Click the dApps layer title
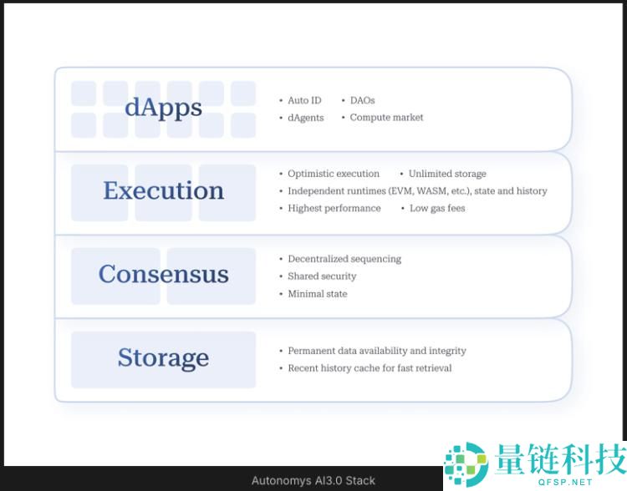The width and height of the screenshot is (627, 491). click(x=163, y=109)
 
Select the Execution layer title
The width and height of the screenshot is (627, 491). click(x=163, y=191)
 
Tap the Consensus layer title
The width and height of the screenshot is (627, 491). click(x=163, y=275)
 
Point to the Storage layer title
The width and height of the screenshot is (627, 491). click(x=163, y=358)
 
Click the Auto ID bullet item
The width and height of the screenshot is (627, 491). click(x=304, y=100)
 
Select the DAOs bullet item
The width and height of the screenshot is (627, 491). click(x=362, y=100)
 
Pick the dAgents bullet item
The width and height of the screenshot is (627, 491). click(x=305, y=118)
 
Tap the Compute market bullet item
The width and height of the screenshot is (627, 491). click(x=386, y=118)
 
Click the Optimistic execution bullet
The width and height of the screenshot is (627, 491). click(x=333, y=174)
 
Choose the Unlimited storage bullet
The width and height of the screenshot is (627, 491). click(x=447, y=174)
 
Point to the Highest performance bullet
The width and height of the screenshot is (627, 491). click(x=334, y=208)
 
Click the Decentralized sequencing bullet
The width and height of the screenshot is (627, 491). click(x=344, y=259)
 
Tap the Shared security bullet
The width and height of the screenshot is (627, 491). click(x=322, y=276)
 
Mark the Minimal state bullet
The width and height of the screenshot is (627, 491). click(x=317, y=294)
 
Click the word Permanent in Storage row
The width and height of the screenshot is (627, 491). click(x=311, y=351)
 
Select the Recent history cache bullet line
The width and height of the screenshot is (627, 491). click(x=370, y=368)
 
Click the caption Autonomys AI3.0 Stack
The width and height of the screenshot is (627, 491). click(x=313, y=481)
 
